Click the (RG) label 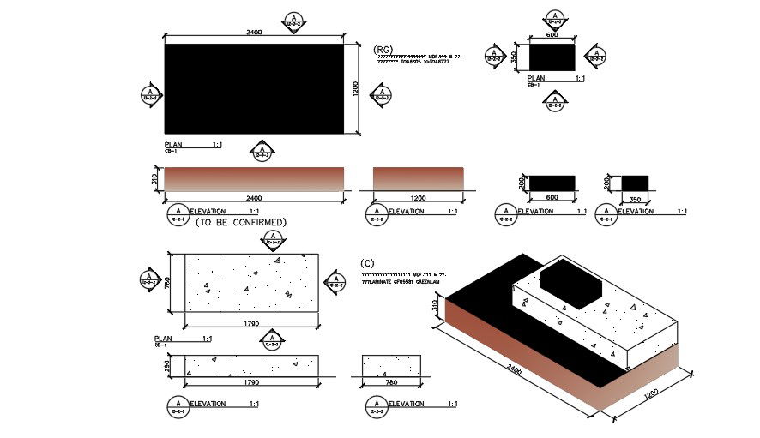click(x=383, y=50)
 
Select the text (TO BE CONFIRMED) click(x=241, y=223)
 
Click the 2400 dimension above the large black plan click(x=254, y=33)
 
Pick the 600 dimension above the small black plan click(x=552, y=36)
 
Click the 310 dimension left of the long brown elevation click(x=155, y=179)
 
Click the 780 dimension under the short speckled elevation click(x=392, y=382)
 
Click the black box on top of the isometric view click(x=573, y=284)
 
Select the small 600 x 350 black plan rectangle click(x=552, y=57)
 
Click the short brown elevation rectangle click(x=419, y=178)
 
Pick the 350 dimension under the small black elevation click(x=635, y=198)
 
